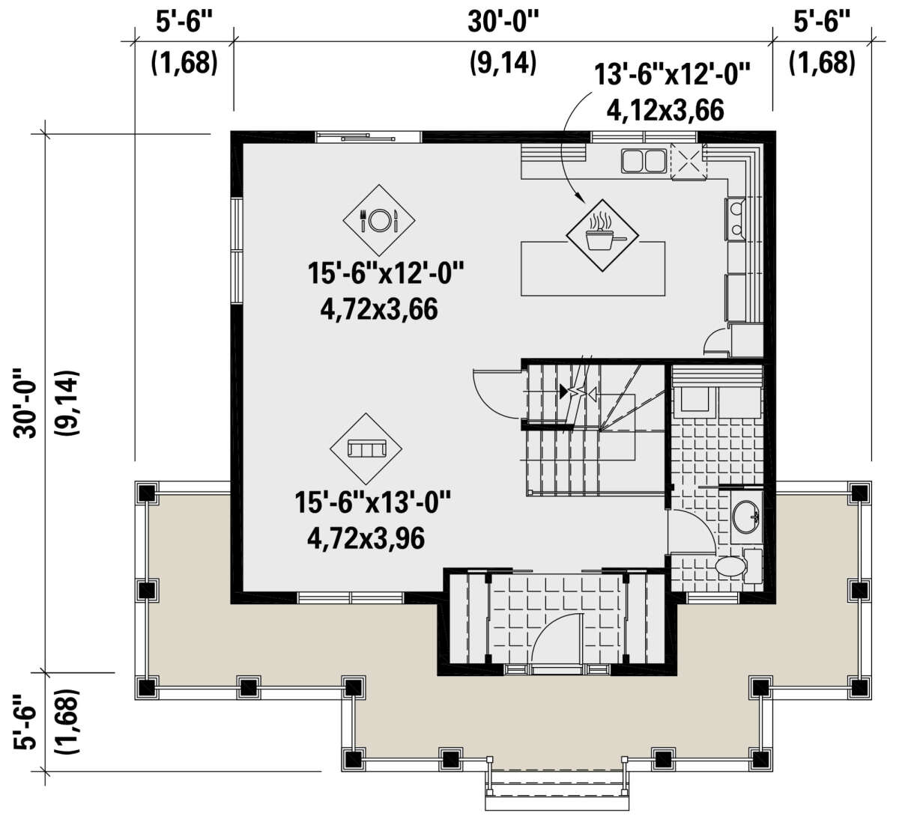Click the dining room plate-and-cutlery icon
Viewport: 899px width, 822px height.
tap(378, 220)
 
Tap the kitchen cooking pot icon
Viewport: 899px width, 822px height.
tap(602, 235)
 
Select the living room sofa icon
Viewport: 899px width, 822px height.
tap(366, 448)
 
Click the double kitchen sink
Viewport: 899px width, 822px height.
tap(643, 161)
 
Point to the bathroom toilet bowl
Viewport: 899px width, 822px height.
tap(730, 566)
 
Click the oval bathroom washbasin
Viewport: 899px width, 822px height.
tap(745, 517)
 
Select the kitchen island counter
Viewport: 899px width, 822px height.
tap(593, 268)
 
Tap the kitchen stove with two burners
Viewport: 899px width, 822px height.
tap(736, 220)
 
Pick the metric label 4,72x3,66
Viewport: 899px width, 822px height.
tap(378, 309)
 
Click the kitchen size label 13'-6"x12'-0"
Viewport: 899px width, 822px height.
tap(672, 74)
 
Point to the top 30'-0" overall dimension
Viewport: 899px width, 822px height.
tap(503, 22)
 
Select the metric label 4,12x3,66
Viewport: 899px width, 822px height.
tap(665, 110)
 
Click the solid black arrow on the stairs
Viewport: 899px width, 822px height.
tap(563, 392)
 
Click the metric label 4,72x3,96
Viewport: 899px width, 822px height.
tap(366, 538)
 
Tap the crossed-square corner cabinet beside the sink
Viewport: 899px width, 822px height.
tap(688, 162)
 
